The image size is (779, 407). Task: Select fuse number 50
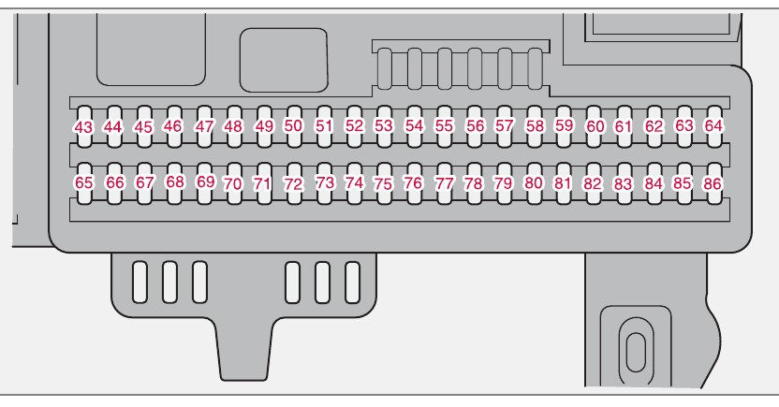point(294,124)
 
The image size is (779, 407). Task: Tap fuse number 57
point(505,124)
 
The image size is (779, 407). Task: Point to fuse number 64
point(714,124)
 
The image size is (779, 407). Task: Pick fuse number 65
point(83,183)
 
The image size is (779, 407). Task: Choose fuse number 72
point(294,184)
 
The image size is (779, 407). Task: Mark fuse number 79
point(504,183)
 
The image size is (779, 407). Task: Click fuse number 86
point(713,184)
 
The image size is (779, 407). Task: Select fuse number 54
point(415,124)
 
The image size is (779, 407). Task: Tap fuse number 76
point(413,183)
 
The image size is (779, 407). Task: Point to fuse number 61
point(624,125)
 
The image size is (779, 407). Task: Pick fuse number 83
point(623,184)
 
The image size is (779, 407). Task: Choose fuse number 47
point(205,125)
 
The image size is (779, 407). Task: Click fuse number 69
point(206,182)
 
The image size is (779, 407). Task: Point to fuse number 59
point(564,124)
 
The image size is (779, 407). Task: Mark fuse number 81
point(563,183)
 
